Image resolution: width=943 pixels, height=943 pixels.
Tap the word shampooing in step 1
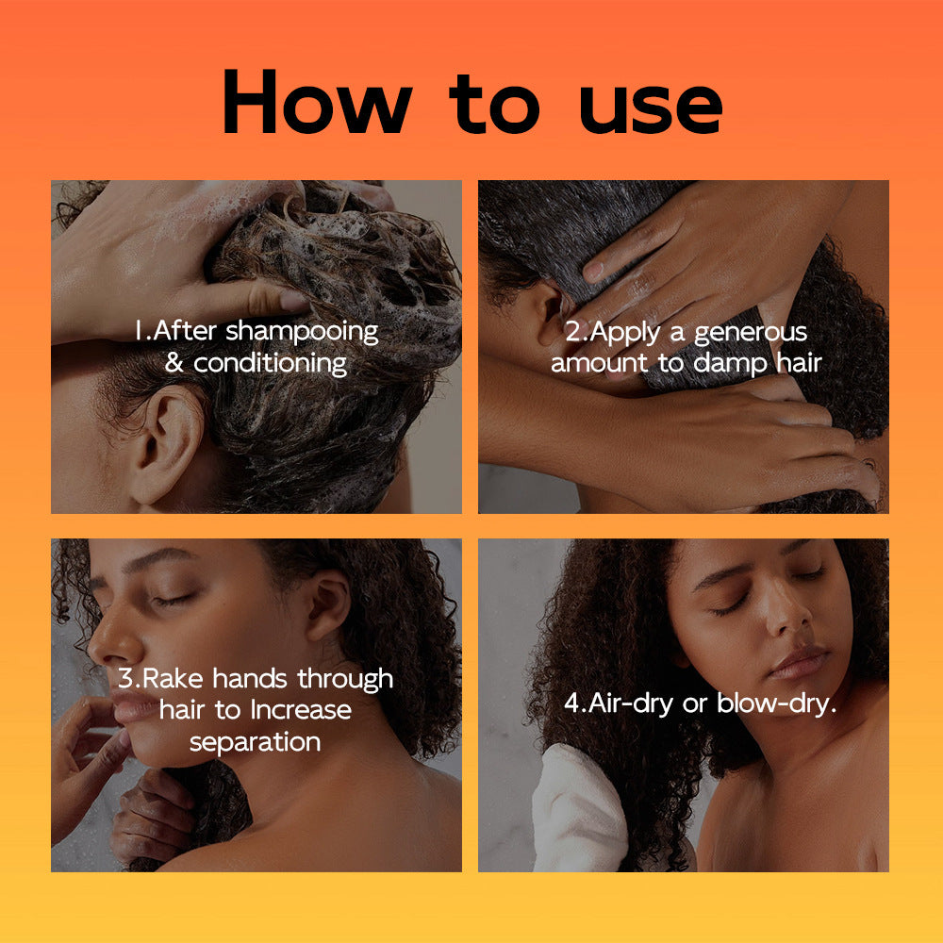[302, 332]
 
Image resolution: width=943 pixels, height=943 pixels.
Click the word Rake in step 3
[175, 678]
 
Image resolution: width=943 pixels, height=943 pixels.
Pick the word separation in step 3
[256, 741]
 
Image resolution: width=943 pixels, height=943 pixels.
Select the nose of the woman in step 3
[103, 646]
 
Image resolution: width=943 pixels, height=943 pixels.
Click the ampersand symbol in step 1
[174, 363]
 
